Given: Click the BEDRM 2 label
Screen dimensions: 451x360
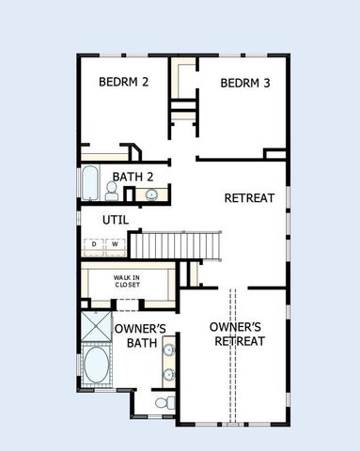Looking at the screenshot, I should coord(124,82).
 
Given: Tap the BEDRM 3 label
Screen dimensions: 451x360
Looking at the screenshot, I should coord(245,83).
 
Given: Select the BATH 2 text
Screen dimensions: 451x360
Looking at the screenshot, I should coord(130,176).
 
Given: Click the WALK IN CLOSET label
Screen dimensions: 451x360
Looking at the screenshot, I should coord(129,281).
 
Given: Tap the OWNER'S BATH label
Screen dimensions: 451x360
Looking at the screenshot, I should coord(140,335).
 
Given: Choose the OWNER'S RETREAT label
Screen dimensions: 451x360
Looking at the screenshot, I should coord(236,334).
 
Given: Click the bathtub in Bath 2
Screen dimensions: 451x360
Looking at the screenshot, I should coord(89,184).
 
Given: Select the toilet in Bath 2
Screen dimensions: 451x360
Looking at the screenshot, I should coord(111,193).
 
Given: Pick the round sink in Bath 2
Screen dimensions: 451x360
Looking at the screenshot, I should coord(152,194).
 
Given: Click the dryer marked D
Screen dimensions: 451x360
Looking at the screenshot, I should coord(93,244).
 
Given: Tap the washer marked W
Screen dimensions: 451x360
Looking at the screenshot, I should coord(115,244).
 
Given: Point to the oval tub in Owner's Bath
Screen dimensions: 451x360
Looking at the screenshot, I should coord(96,365).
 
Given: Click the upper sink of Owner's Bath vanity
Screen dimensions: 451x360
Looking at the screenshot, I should coord(169,351).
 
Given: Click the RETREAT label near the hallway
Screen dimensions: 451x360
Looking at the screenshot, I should coord(248,198).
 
